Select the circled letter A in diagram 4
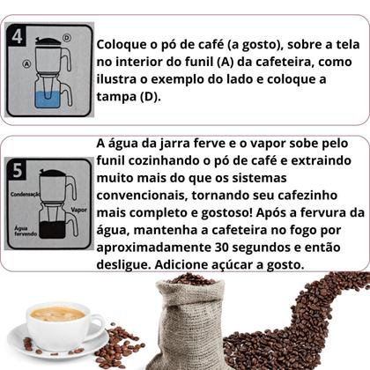pos(26,63)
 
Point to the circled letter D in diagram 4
pos(67,37)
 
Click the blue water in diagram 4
pos(48,96)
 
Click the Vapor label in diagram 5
pos(79,211)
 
